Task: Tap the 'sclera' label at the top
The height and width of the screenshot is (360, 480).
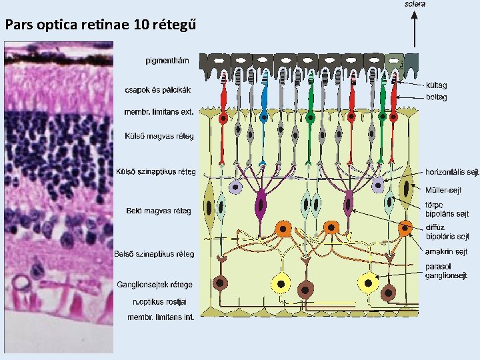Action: click(x=415, y=4)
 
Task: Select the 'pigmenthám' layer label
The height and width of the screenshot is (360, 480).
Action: click(x=167, y=61)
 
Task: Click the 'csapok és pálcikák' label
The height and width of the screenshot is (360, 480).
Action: click(x=157, y=89)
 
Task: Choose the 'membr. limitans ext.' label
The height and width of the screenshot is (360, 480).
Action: click(x=159, y=111)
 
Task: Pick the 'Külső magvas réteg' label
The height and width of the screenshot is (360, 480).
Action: click(x=159, y=136)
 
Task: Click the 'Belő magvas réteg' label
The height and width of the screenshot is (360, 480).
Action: click(x=159, y=211)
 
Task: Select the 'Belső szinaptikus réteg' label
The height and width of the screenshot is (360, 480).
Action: click(x=154, y=254)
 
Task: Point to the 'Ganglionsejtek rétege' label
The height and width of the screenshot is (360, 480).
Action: click(x=155, y=285)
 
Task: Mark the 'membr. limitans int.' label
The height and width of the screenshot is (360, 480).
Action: click(x=161, y=317)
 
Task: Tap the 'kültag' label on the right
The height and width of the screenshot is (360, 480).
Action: click(x=436, y=85)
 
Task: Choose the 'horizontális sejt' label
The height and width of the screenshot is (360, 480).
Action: click(x=452, y=172)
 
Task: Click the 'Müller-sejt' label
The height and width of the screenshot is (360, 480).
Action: click(x=443, y=190)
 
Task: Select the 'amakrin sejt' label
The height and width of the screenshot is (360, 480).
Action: click(x=446, y=251)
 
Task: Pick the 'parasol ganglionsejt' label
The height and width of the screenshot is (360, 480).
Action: click(x=446, y=271)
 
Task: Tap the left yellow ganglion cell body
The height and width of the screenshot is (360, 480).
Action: click(x=281, y=284)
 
